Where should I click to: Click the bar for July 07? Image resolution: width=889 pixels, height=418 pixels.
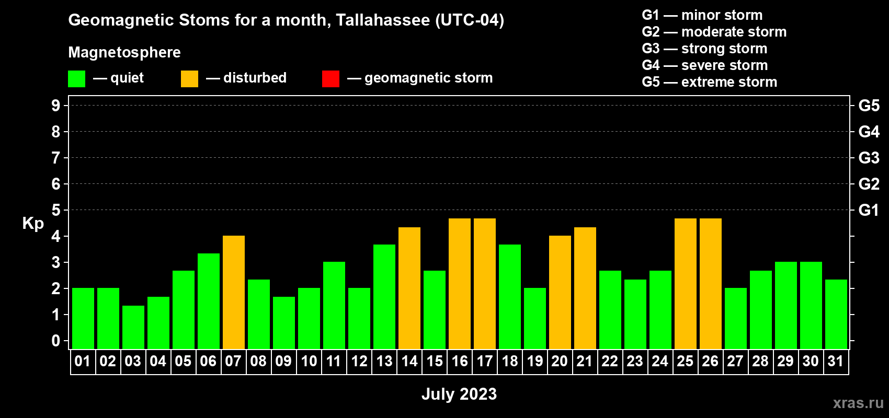(234, 292)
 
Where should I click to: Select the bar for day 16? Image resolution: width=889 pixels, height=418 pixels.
(460, 284)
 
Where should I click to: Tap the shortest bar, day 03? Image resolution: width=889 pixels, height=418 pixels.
(133, 327)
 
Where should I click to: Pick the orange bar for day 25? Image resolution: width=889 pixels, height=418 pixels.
(686, 284)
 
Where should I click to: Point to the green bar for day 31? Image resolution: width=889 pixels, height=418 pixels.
(836, 314)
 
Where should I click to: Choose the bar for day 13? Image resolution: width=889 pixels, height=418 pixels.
(384, 297)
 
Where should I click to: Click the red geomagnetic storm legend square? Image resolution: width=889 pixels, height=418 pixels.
(331, 78)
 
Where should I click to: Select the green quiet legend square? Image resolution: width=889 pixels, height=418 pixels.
(76, 78)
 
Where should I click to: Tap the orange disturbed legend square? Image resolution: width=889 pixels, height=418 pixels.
(189, 78)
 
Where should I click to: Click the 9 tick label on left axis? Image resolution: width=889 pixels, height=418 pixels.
(55, 106)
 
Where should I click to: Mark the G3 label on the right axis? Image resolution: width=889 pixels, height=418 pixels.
(869, 158)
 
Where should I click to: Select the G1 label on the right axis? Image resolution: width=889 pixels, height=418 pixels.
(869, 210)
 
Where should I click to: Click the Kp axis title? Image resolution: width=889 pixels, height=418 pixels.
(33, 224)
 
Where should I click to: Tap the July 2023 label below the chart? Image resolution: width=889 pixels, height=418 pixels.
(459, 394)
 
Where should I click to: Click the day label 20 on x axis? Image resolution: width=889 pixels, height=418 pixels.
(560, 361)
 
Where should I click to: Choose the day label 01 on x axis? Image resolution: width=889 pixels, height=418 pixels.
(83, 361)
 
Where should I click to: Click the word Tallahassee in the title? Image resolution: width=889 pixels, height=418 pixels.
(383, 20)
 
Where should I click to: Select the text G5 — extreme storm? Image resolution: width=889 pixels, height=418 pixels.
(710, 82)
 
